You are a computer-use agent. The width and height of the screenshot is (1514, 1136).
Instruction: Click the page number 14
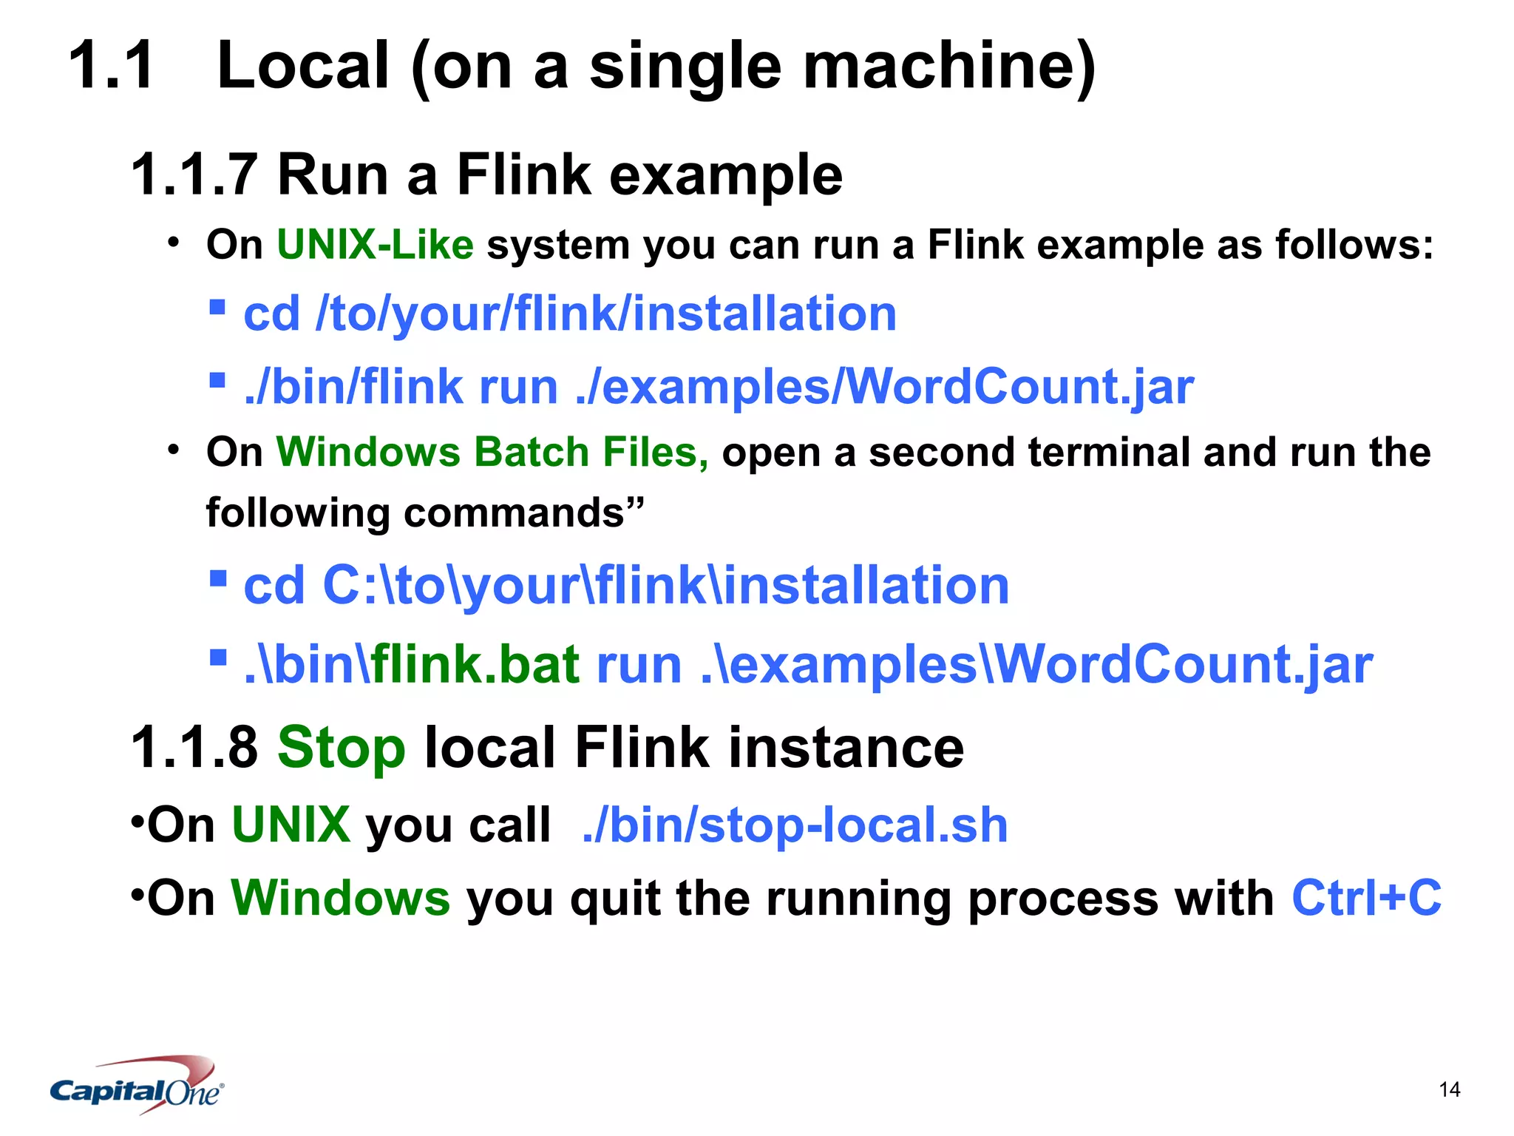(x=1449, y=1089)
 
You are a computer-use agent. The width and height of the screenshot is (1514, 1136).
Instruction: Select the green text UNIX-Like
(x=375, y=245)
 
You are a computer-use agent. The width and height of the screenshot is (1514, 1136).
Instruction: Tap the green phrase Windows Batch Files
(x=492, y=452)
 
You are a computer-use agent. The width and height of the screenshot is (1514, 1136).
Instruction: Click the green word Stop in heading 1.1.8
(x=341, y=748)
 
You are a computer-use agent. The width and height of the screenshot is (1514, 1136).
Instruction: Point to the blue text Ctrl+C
(x=1366, y=898)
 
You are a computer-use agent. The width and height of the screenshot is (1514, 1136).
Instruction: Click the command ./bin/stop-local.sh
(x=795, y=825)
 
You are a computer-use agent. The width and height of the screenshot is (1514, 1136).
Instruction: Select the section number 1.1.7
(x=194, y=175)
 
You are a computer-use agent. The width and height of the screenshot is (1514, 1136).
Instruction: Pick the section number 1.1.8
(x=194, y=748)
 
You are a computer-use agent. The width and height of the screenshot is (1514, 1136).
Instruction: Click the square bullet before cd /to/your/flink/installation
(x=217, y=307)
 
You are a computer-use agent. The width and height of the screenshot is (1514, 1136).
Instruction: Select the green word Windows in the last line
(x=340, y=898)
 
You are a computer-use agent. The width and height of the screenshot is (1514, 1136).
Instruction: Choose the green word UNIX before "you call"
(x=291, y=825)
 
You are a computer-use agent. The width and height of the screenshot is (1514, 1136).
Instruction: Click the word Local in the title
(x=303, y=67)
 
